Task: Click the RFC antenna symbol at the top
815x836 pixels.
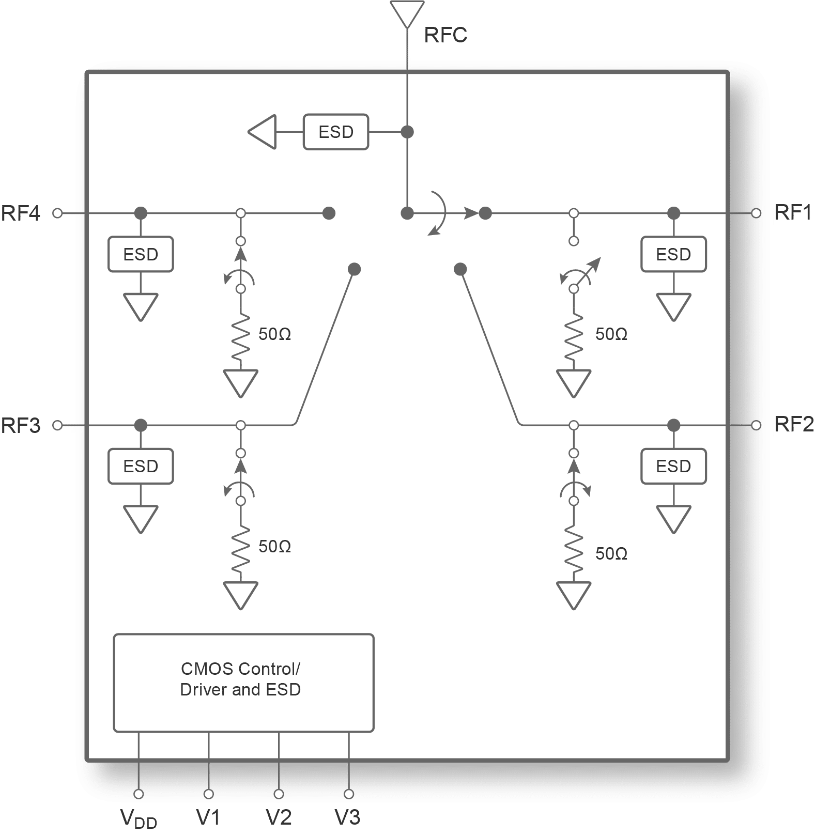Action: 407,14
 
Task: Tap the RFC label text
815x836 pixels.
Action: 445,35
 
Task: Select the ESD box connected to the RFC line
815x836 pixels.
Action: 336,132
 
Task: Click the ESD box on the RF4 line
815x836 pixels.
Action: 141,254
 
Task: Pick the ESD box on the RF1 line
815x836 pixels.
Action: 673,254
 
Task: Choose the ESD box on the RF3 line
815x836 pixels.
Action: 141,467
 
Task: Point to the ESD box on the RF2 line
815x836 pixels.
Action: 673,467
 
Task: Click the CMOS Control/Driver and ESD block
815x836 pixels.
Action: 243,683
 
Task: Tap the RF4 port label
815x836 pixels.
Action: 21,213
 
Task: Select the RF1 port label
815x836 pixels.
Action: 793,212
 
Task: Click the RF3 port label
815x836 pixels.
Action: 21,426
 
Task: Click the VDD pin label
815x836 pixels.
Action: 139,818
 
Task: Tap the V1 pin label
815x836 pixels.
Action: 208,817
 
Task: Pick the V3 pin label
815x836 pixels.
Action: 348,817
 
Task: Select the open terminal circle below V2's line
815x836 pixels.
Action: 279,794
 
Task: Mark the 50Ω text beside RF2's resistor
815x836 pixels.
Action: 611,554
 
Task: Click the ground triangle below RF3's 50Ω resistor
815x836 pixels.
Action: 240,596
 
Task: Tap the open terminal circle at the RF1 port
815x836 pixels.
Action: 756,213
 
